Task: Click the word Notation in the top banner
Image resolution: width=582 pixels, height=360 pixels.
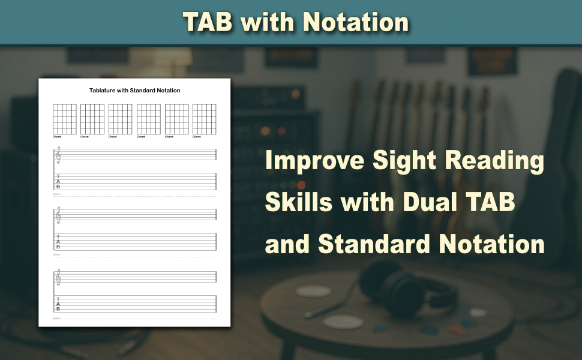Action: pyautogui.click(x=355, y=22)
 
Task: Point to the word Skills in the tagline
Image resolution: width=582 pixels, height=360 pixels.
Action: pyautogui.click(x=299, y=203)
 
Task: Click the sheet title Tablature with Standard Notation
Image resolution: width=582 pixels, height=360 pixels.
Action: pyautogui.click(x=134, y=91)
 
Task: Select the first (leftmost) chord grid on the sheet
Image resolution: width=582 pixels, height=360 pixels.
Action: pyautogui.click(x=64, y=119)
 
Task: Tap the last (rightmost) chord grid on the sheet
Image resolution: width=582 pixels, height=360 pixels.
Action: pyautogui.click(x=204, y=119)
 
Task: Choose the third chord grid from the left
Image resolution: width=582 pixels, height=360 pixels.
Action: pyautogui.click(x=120, y=119)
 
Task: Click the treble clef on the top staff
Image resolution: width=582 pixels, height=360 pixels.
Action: pyautogui.click(x=58, y=155)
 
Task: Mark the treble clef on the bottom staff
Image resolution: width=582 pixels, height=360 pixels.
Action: pyautogui.click(x=58, y=277)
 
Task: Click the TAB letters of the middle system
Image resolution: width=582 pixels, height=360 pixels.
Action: pyautogui.click(x=58, y=242)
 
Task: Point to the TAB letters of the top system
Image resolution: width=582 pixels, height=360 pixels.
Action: pyautogui.click(x=58, y=182)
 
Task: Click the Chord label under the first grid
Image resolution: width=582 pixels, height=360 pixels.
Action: pyautogui.click(x=56, y=137)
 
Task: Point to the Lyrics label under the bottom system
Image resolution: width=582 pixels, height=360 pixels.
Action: pyautogui.click(x=56, y=318)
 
